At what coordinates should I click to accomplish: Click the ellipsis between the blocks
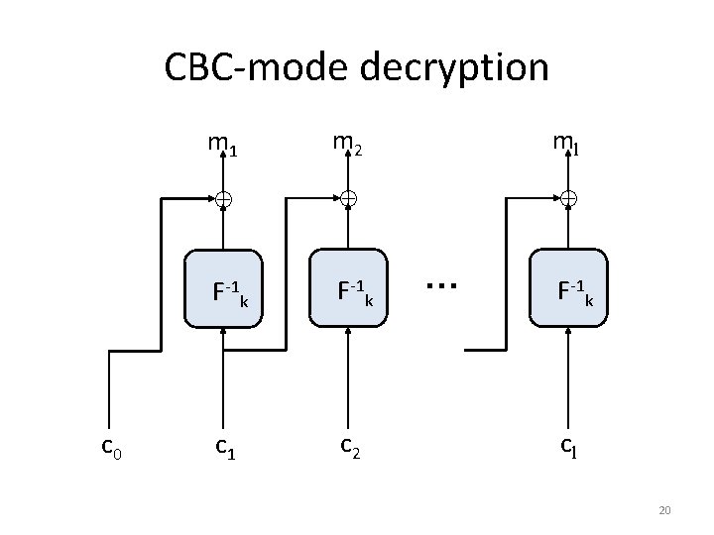click(440, 284)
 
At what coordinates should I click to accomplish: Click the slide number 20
click(664, 510)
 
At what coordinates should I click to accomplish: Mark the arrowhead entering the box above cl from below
click(567, 333)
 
